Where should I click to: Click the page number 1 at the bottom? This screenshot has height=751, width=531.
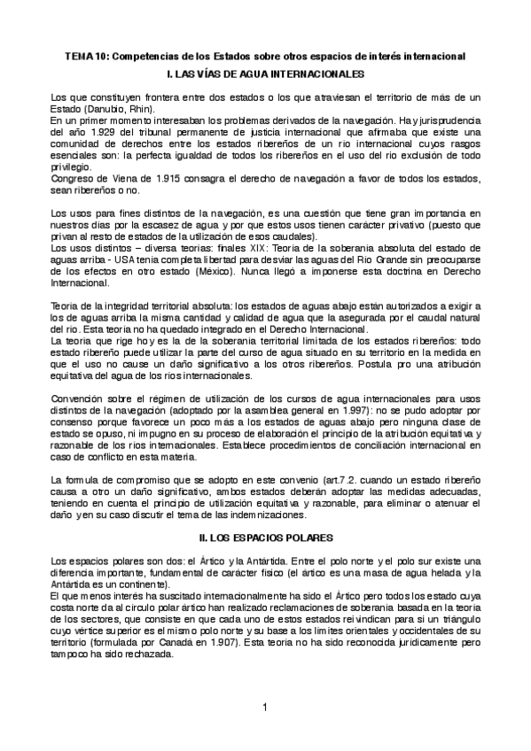coord(265,708)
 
